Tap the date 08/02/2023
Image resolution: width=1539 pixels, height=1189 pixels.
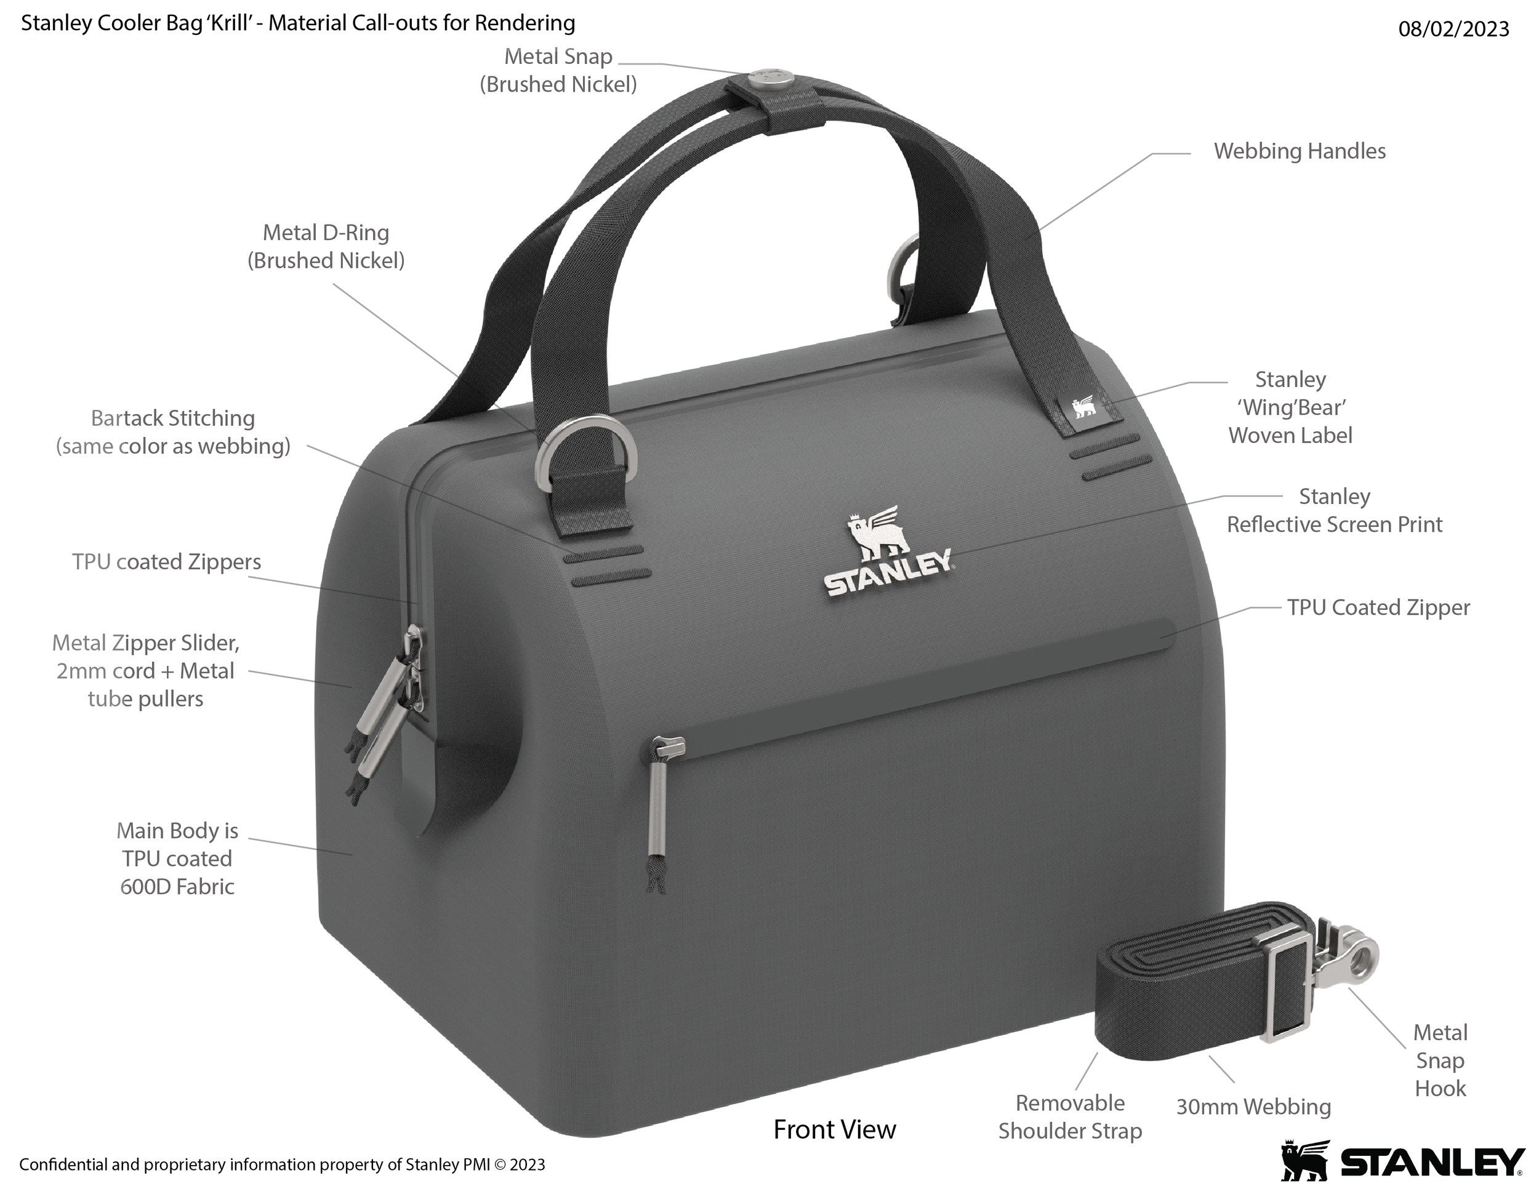coord(1453,29)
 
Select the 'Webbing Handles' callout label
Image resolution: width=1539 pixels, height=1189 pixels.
coord(1300,151)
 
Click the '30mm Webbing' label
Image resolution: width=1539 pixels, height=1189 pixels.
coord(1253,1107)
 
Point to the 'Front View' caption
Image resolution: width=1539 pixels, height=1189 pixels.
coord(834,1130)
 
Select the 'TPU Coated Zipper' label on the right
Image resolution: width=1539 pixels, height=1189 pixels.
coord(1378,607)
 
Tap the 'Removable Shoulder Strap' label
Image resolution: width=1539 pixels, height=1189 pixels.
coord(1071,1116)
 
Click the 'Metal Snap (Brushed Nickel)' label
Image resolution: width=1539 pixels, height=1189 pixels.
coord(558,70)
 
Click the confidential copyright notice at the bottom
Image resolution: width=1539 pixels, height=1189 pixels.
coord(282,1164)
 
